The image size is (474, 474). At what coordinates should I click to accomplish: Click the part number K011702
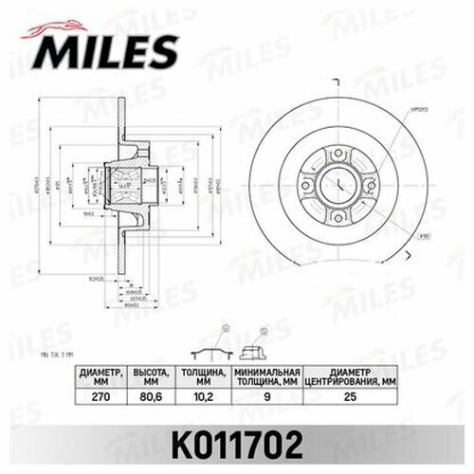point(237,441)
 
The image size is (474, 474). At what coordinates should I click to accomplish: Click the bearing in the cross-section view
point(125,180)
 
